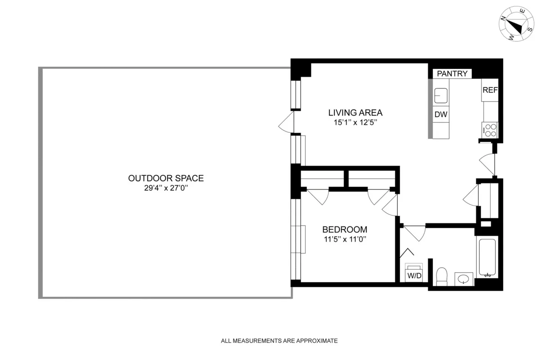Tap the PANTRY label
tap(452, 74)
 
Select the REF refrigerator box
tap(490, 90)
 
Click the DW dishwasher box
tap(441, 115)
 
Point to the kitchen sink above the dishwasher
tap(441, 95)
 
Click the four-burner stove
tap(490, 130)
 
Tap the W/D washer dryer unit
tap(414, 274)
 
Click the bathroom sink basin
tap(464, 279)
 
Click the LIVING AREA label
tap(355, 112)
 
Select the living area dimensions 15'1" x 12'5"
tap(355, 122)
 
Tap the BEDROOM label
tap(344, 229)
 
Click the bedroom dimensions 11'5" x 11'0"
tap(344, 239)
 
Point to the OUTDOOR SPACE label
tap(166, 178)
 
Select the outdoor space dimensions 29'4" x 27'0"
tap(166, 189)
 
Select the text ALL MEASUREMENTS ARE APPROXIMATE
tap(279, 341)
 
